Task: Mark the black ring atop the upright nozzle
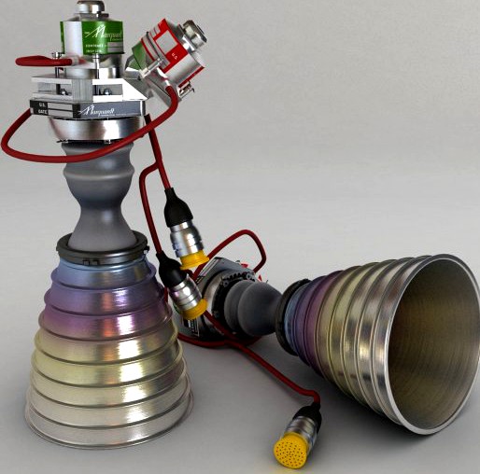pyautogui.click(x=103, y=244)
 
